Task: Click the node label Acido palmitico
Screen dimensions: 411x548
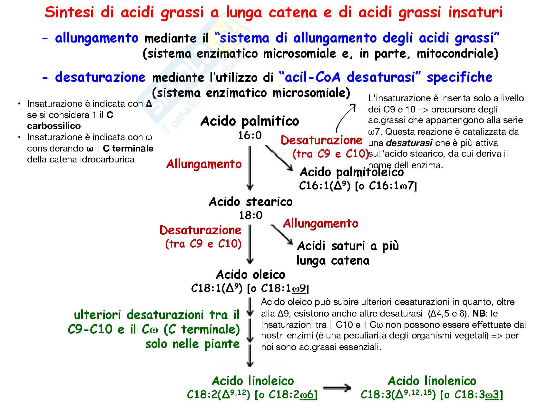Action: point(250,121)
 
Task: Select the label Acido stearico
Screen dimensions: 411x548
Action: point(250,202)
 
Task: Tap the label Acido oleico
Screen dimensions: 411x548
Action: point(250,275)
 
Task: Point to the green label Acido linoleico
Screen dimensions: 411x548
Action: point(253,381)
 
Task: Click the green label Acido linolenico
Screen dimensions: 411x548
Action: point(432,381)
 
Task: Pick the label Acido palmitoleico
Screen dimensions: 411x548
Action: point(351,172)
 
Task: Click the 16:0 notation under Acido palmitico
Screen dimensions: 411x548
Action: point(250,135)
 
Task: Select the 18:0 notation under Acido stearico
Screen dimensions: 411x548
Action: point(250,215)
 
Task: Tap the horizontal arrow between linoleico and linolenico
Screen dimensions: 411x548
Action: point(337,388)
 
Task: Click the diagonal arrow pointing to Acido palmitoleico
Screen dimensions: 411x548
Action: point(279,158)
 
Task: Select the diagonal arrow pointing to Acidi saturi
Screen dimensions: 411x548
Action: point(282,235)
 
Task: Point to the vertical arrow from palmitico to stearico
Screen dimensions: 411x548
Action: point(250,168)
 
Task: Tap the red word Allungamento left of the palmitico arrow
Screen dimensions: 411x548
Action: point(204,164)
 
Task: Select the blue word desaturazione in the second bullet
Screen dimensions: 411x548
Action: point(100,77)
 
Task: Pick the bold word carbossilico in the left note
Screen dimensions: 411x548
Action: point(54,126)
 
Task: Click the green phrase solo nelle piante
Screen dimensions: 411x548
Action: point(192,344)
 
